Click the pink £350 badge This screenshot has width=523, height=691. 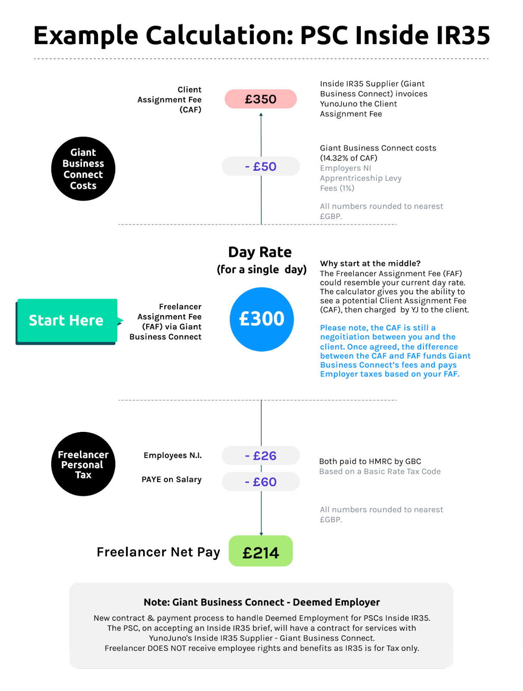(x=261, y=99)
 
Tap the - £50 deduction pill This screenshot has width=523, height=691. (x=261, y=166)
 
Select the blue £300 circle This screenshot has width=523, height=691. (x=262, y=319)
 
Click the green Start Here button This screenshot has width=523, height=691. (x=66, y=320)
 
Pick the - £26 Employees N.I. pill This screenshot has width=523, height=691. (x=261, y=456)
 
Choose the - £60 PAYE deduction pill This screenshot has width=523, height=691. (x=261, y=482)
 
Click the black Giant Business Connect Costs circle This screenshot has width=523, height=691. (x=83, y=169)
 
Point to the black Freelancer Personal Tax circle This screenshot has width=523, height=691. (x=83, y=464)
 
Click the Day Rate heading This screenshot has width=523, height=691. (x=260, y=252)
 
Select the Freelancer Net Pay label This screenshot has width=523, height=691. (x=158, y=552)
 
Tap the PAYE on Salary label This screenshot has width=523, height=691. (x=171, y=479)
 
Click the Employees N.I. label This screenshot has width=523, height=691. (x=173, y=455)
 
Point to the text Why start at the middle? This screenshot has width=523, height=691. (x=370, y=263)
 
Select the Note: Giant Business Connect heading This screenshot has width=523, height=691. (x=261, y=602)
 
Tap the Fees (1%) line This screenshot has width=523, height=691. (x=337, y=188)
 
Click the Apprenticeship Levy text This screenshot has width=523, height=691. (x=361, y=178)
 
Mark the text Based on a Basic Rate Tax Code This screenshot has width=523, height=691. (x=380, y=471)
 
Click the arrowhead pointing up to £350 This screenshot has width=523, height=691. (x=261, y=114)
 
